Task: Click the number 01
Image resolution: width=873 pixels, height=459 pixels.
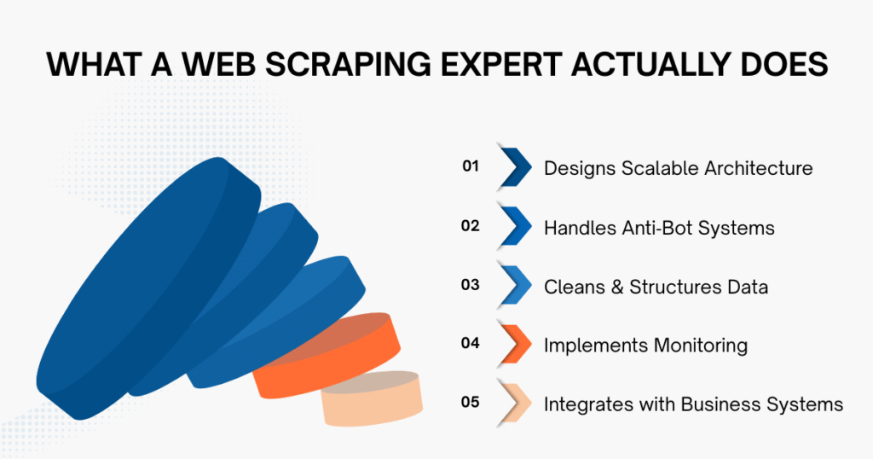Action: point(471,167)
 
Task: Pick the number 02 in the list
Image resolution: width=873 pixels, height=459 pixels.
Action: point(471,226)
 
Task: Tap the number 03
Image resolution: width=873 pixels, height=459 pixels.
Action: point(471,286)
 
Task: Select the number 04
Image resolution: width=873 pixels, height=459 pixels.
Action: point(471,345)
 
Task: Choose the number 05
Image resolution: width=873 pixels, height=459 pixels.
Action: point(471,403)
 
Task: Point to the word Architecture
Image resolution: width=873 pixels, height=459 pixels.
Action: point(758,168)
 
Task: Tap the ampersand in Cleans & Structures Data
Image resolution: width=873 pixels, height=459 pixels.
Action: point(613,287)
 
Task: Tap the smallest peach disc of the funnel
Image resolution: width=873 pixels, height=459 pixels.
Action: point(373,399)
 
